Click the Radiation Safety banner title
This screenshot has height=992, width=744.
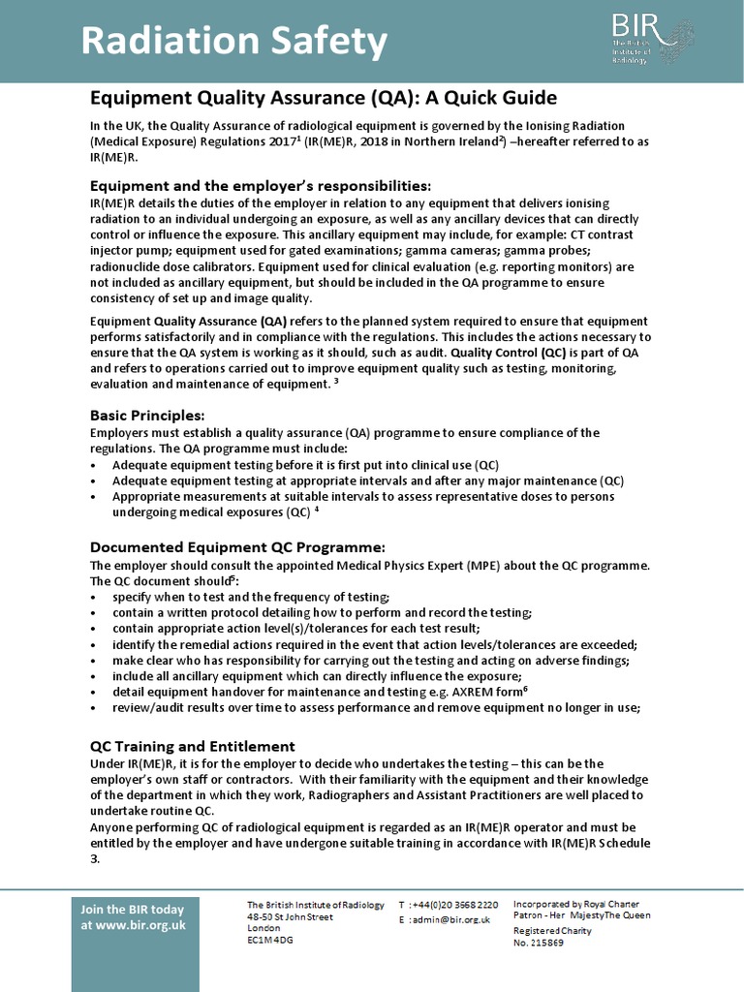(233, 42)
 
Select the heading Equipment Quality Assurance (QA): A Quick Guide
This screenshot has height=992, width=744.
(324, 98)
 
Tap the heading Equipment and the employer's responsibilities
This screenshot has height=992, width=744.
(261, 185)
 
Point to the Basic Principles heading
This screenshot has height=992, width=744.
(147, 416)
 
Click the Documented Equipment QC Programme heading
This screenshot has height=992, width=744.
(237, 546)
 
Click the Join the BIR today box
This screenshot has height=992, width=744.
(133, 916)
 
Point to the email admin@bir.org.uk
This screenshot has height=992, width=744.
(449, 919)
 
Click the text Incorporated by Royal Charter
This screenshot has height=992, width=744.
(575, 904)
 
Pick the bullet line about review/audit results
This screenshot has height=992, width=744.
(376, 707)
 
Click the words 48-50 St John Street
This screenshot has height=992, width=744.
(290, 915)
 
